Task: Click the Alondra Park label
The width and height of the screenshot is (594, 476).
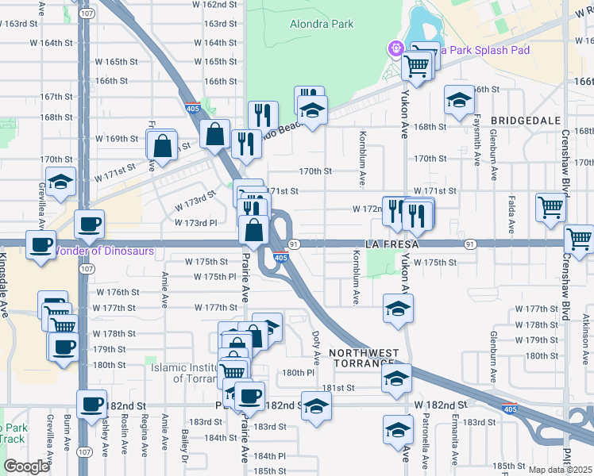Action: (x=322, y=25)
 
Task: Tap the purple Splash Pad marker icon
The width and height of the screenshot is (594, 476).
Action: (x=394, y=49)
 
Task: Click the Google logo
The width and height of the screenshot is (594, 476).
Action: (x=26, y=466)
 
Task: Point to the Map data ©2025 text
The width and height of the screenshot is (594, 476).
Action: (x=560, y=470)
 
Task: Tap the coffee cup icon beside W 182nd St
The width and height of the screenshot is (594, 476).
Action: (x=92, y=403)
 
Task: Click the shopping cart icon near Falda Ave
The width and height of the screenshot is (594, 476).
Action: (x=550, y=207)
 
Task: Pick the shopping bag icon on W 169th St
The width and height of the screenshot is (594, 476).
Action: (x=162, y=146)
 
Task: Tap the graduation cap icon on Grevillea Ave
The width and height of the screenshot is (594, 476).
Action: (x=60, y=182)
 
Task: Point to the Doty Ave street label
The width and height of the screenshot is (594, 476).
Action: (x=316, y=342)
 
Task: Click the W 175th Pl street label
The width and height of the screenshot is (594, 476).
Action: (x=215, y=277)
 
